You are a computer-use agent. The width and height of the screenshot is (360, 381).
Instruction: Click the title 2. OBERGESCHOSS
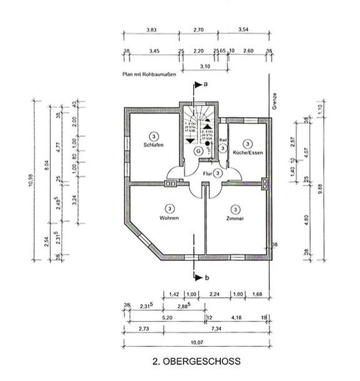tap(196, 362)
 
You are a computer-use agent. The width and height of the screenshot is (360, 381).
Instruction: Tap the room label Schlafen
tap(154, 145)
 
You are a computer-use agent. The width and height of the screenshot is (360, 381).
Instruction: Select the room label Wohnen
tap(169, 218)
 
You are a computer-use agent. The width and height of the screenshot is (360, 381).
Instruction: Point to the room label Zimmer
tap(236, 218)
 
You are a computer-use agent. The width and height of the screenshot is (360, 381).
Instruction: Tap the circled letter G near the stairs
tap(197, 150)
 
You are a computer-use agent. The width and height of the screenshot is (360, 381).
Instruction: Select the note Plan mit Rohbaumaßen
tap(149, 73)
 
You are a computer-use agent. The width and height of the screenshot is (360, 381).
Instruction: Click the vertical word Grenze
tap(274, 101)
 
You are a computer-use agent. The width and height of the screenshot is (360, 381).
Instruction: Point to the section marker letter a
tap(206, 84)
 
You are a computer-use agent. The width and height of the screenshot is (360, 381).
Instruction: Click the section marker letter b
tap(206, 278)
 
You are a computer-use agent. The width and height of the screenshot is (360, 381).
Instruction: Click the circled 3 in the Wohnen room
tap(169, 208)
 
